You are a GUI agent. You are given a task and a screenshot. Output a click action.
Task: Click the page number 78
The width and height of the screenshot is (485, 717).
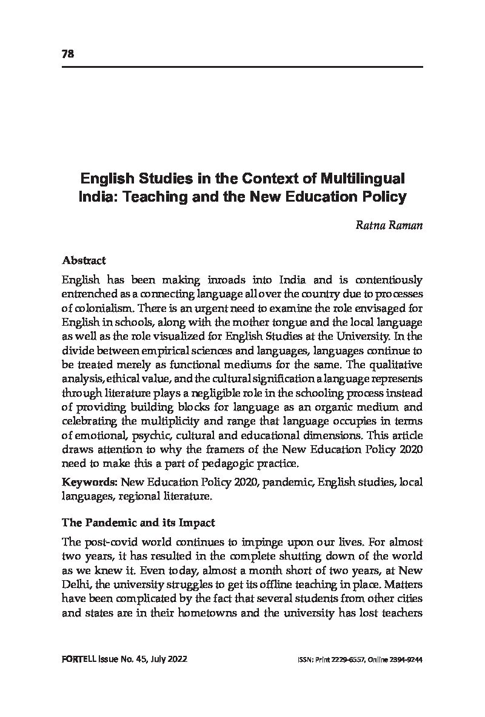[67, 54]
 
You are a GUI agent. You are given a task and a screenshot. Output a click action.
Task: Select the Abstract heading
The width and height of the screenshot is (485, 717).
[84, 260]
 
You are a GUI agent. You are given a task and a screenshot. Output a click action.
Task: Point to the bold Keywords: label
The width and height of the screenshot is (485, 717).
[90, 482]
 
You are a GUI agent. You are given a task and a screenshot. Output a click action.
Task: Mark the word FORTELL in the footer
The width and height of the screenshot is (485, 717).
[79, 659]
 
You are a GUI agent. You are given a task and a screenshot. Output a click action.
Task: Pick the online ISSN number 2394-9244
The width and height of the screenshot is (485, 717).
[406, 660]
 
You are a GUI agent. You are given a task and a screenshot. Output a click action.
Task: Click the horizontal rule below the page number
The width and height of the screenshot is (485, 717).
[242, 66]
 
